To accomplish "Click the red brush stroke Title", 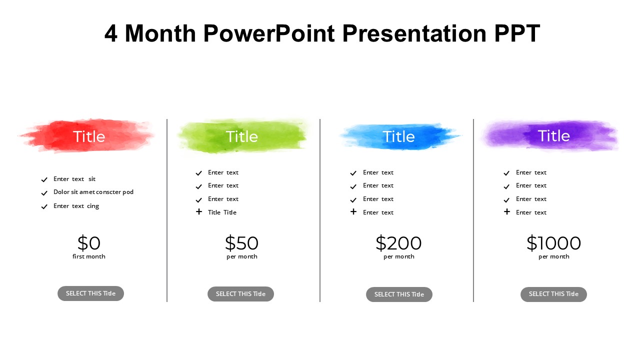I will [89, 136].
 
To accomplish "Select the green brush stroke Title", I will [241, 136].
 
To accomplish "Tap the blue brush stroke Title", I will [398, 136].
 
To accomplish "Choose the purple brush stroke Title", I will [553, 135].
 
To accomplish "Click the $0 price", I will [89, 243].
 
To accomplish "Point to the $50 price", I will [241, 243].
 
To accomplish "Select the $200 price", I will [398, 243].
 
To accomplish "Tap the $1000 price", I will [553, 243].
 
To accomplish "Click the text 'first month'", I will [89, 256].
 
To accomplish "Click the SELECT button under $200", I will [399, 294].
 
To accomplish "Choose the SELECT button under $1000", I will [553, 294].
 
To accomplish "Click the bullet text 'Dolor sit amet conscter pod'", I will [93, 192].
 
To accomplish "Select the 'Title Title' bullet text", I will [222, 212].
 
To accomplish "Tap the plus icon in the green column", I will [199, 211].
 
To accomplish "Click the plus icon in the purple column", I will [507, 211].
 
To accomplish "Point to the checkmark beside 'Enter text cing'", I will [44, 206].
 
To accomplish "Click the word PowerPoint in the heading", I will [269, 34].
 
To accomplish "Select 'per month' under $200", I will [398, 256].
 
